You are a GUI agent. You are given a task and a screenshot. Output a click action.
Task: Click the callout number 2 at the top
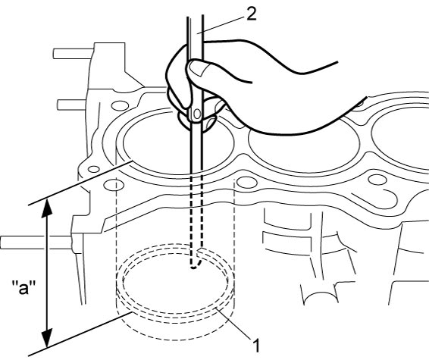[x=252, y=14]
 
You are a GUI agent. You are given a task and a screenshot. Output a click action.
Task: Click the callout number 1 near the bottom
[x=256, y=346]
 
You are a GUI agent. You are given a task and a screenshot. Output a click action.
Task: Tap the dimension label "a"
[x=23, y=287]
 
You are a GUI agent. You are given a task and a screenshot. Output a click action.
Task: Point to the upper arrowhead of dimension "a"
[x=47, y=208]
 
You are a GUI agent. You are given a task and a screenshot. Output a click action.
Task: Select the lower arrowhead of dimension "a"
[x=47, y=339]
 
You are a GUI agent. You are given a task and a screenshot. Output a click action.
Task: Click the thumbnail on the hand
[x=199, y=67]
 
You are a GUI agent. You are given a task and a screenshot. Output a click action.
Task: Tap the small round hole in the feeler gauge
[x=197, y=114]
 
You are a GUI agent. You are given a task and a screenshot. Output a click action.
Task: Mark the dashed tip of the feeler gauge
[x=194, y=267]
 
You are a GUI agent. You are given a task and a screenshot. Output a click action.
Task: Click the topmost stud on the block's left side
[x=73, y=54]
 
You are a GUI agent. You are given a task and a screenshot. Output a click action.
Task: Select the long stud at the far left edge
[x=36, y=243]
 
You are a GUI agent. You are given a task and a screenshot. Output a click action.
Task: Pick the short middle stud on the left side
[x=72, y=105]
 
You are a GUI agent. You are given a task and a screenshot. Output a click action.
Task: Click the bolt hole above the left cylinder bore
[x=120, y=105]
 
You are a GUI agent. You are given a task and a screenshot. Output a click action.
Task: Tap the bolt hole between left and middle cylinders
[x=246, y=183]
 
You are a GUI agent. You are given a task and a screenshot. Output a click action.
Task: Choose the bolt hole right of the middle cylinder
[x=377, y=180]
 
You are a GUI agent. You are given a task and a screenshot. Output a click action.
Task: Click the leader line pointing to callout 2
[x=221, y=24]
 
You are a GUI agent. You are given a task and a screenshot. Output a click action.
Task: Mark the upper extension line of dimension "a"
[x=80, y=183]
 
